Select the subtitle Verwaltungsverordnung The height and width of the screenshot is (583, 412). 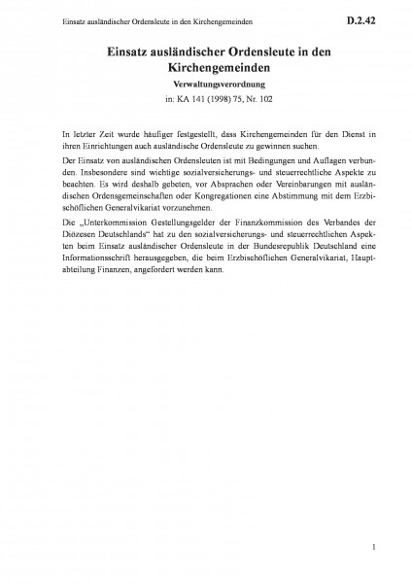[x=206, y=84]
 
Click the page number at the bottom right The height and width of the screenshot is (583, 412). [x=373, y=549]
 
